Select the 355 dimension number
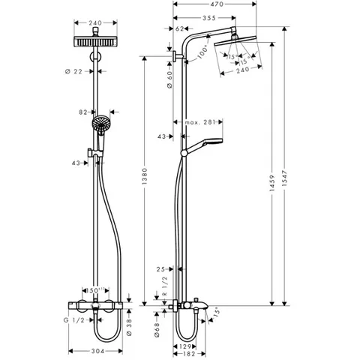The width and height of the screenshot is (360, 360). coord(209,18)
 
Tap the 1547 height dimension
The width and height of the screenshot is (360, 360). coord(286,179)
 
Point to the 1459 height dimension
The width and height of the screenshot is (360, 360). coord(272,183)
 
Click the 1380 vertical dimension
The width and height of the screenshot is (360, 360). coord(145,176)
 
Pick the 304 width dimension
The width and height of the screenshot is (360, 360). coord(97,351)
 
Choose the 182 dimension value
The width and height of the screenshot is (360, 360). coord(189,354)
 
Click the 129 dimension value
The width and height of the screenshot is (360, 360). coord(185,346)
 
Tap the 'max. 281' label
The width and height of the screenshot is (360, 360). coord(200,122)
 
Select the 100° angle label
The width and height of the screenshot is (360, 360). coord(202,52)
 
